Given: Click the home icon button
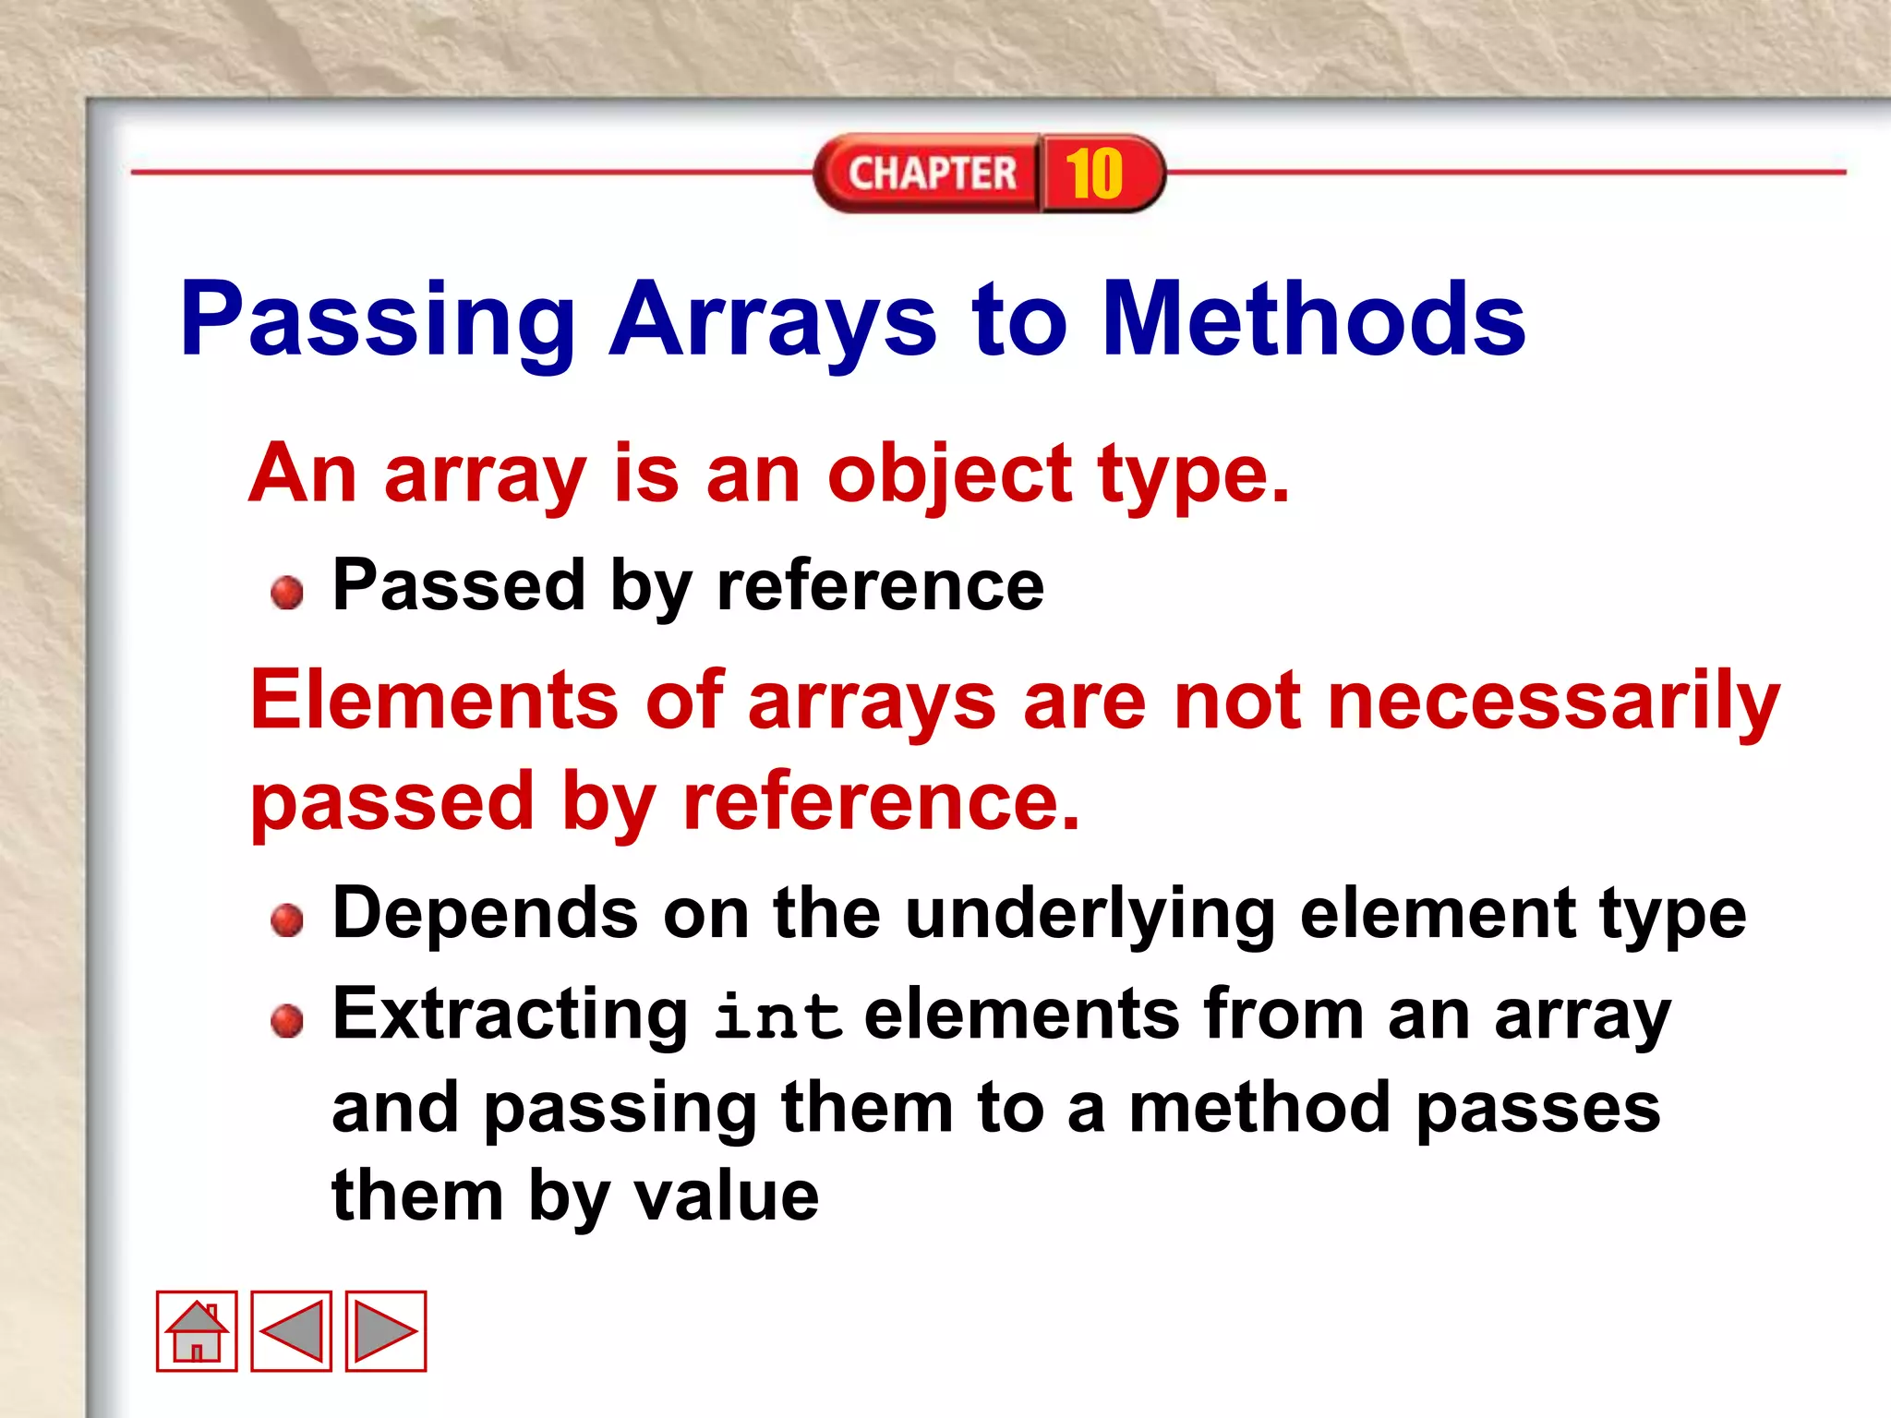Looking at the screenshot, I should [x=197, y=1330].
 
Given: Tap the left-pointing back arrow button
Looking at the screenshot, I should [x=292, y=1330].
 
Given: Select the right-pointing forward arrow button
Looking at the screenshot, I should [x=386, y=1330].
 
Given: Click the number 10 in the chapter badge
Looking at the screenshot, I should [x=1095, y=174].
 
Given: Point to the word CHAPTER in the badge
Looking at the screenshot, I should [x=932, y=174].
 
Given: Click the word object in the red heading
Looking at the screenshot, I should [x=949, y=475].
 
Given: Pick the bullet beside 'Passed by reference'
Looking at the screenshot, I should [x=287, y=592].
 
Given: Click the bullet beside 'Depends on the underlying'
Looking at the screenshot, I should [x=287, y=919].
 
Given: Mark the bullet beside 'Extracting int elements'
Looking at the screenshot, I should [x=287, y=1020].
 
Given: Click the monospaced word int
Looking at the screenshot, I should [x=778, y=1016].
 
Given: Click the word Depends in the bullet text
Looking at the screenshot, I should [x=485, y=914].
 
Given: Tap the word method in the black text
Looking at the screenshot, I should [x=1259, y=1108].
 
